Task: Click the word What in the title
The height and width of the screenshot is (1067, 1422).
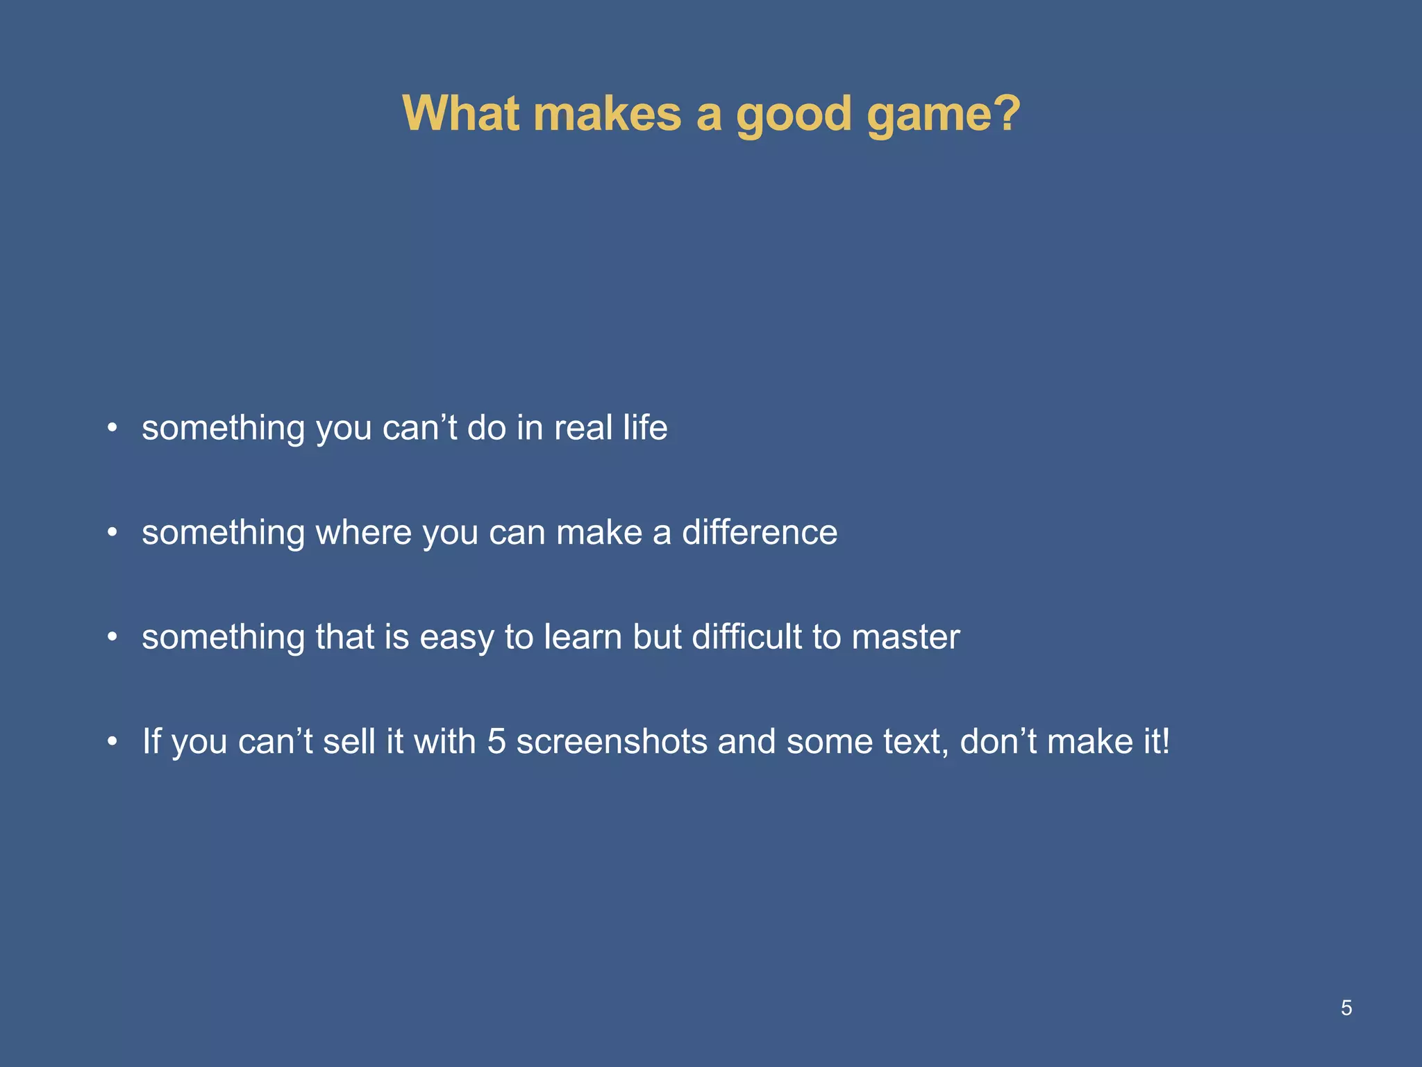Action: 461,113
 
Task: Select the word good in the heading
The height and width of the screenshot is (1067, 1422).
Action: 793,115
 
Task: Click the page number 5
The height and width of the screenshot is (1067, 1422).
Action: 1346,1007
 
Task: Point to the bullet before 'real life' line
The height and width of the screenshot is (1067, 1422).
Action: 112,427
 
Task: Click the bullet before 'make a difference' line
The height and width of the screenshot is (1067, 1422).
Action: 112,533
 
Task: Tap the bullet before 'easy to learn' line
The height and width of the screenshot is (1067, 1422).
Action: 112,637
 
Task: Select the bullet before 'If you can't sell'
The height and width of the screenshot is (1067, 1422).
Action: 112,742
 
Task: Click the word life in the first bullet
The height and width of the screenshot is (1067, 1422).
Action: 645,427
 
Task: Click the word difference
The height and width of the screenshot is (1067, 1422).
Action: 760,533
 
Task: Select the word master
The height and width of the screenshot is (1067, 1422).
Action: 905,637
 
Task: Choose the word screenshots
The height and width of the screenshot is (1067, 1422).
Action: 611,741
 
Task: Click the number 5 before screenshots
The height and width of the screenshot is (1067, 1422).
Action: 496,741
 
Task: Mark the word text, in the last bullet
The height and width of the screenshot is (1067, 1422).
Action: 916,741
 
